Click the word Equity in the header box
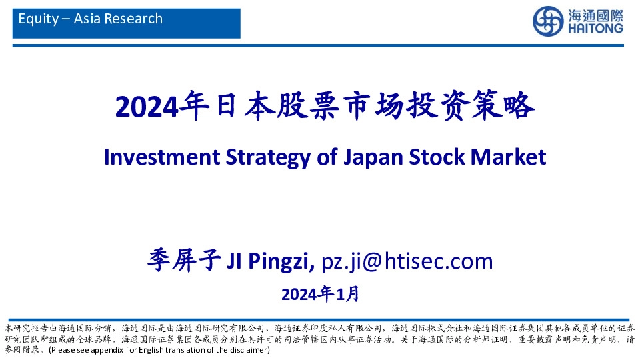tap(39, 19)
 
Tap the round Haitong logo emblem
tap(548, 21)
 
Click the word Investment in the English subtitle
tap(152, 157)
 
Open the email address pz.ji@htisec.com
tap(407, 261)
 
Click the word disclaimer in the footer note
tap(249, 350)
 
